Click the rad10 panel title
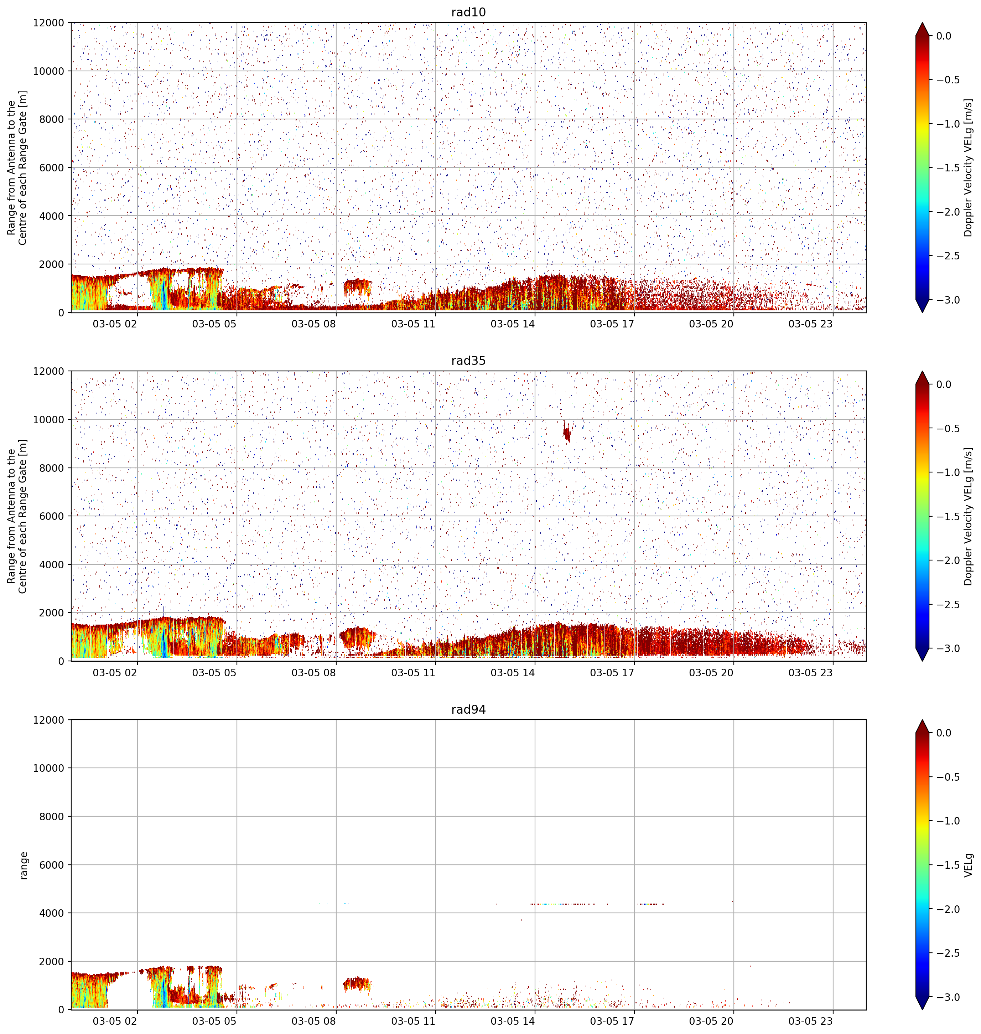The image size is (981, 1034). tap(468, 12)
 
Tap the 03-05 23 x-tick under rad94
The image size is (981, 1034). tap(810, 1021)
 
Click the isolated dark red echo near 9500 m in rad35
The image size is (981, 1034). tap(567, 431)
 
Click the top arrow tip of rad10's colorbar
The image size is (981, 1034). tap(923, 22)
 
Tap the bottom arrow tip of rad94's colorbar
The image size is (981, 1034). tap(923, 1010)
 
